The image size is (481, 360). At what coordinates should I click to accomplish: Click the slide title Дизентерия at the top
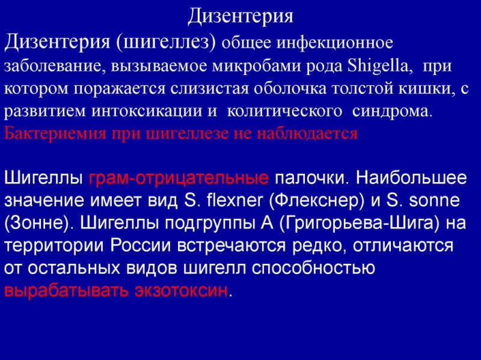point(240,16)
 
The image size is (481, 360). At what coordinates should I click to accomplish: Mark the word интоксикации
point(148,111)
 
